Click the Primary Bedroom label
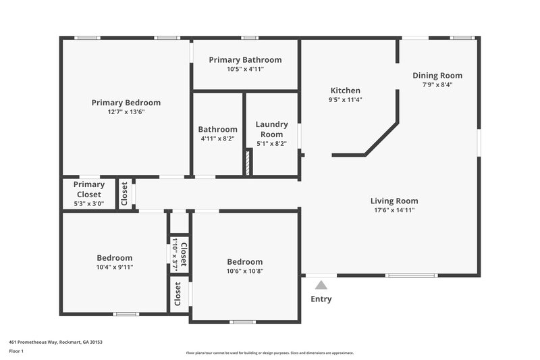click(126, 103)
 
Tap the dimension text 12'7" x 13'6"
click(126, 112)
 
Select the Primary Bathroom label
click(245, 60)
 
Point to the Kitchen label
click(345, 91)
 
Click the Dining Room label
click(437, 76)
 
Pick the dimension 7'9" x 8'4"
click(437, 85)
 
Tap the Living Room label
click(394, 201)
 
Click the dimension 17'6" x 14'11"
click(394, 210)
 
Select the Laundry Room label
click(272, 129)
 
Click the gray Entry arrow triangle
click(321, 285)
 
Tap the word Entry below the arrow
click(321, 299)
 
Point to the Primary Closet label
click(89, 189)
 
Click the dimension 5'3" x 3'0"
click(89, 203)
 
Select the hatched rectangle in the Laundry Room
click(248, 163)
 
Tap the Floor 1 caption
click(16, 351)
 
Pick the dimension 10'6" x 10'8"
click(245, 272)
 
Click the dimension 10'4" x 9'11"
click(115, 267)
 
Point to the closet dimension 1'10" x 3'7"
click(174, 253)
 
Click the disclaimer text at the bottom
click(269, 353)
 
